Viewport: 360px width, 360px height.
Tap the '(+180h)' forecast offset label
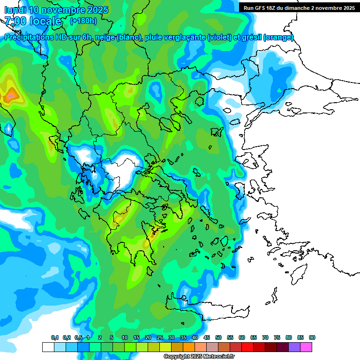[x=83, y=21]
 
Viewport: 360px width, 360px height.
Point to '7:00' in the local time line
[x=15, y=21]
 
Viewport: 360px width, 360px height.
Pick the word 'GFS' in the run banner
[x=264, y=8]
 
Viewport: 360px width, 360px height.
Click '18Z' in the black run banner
[x=276, y=8]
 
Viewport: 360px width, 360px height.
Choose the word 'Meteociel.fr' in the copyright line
[x=219, y=357]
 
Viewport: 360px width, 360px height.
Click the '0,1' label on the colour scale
[x=55, y=337]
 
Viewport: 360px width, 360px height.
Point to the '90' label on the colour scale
[x=312, y=337]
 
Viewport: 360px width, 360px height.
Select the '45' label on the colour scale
[x=207, y=337]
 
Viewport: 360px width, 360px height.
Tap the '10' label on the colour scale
[x=125, y=337]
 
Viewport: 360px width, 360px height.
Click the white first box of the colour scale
[x=48, y=347]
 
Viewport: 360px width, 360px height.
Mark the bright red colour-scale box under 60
[x=247, y=347]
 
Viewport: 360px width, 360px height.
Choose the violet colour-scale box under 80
[x=294, y=347]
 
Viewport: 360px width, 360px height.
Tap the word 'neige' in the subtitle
[x=104, y=37]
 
